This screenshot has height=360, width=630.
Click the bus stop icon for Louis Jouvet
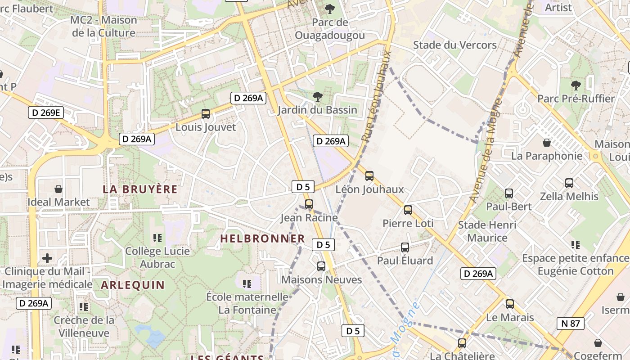point(206,114)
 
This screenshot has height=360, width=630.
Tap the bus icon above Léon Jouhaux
point(369,176)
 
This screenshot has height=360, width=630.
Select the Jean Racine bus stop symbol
point(309,204)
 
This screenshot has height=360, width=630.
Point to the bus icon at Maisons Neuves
point(321,266)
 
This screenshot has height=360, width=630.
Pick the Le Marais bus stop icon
point(509,304)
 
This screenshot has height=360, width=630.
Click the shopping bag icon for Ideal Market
point(58,189)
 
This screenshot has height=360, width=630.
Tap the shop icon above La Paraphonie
point(547,143)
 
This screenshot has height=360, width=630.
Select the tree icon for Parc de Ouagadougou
point(330,9)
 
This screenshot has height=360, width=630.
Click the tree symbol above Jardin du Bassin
point(318,96)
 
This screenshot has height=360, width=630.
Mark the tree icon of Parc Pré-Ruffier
point(576,85)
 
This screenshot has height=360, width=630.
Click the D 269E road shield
point(46,112)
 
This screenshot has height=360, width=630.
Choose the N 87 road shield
point(570,323)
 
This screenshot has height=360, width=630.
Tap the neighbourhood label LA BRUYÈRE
point(140,189)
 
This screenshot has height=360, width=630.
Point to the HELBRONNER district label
point(262,239)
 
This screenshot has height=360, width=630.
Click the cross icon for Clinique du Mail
point(47,258)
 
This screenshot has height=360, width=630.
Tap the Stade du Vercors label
point(454,45)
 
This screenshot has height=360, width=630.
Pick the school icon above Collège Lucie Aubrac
point(157,238)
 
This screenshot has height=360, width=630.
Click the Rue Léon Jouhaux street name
point(377,96)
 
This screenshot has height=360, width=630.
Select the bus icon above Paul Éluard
point(405,247)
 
